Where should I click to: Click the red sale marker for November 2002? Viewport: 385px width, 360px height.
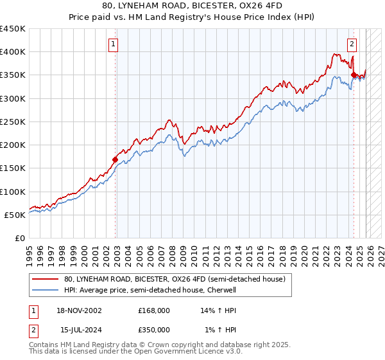(x=116, y=159)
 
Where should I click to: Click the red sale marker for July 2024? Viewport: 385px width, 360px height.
(x=354, y=75)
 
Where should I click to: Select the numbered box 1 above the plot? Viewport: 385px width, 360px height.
(x=113, y=44)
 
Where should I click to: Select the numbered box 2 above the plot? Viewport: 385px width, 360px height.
(x=352, y=44)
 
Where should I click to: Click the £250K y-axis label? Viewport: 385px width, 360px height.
(x=13, y=122)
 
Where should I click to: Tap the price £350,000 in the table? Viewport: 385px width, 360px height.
(x=153, y=329)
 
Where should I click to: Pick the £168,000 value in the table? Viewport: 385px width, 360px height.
(x=153, y=310)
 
